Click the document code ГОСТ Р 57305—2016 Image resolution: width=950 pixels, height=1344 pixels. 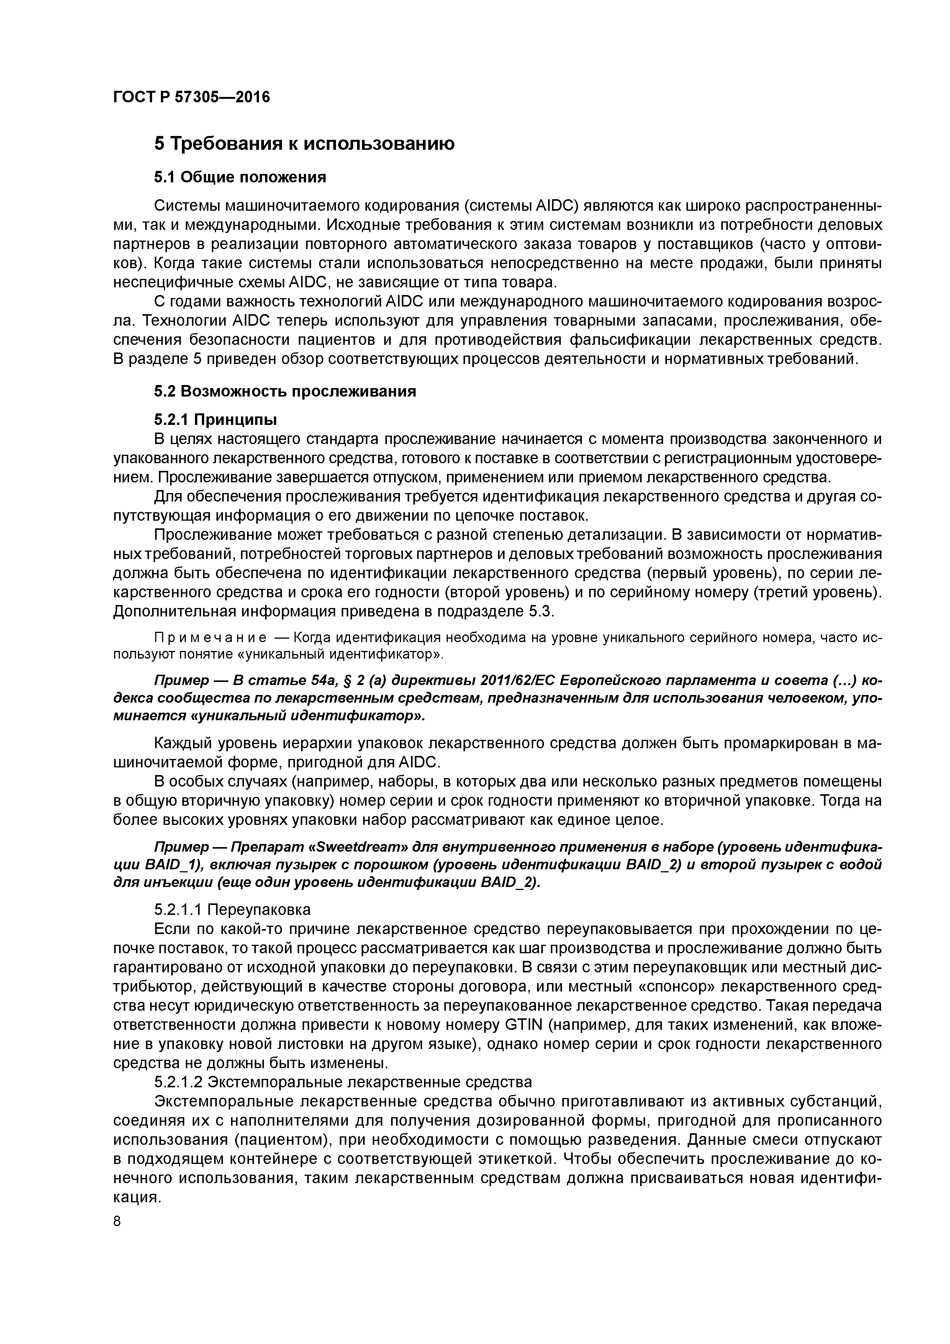(x=192, y=97)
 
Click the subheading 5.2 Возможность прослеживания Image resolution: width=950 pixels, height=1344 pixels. (x=285, y=391)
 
